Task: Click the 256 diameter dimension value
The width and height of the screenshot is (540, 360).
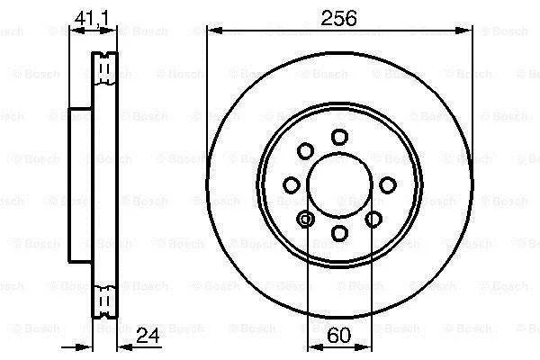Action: point(339,18)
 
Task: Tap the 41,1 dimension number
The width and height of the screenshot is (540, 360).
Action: point(92,18)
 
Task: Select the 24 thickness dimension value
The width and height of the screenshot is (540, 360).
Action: point(148,335)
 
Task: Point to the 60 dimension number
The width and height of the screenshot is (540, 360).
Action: point(339,335)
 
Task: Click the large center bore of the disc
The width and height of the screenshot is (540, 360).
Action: point(339,185)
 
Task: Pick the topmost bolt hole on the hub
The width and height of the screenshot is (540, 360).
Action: point(339,137)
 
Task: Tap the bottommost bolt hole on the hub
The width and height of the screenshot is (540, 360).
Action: point(339,233)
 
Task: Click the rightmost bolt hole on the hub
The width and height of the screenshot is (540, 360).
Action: point(388,185)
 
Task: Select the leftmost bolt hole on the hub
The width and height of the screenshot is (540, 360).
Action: point(292,185)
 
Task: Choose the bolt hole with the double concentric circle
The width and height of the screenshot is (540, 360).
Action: point(305,219)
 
